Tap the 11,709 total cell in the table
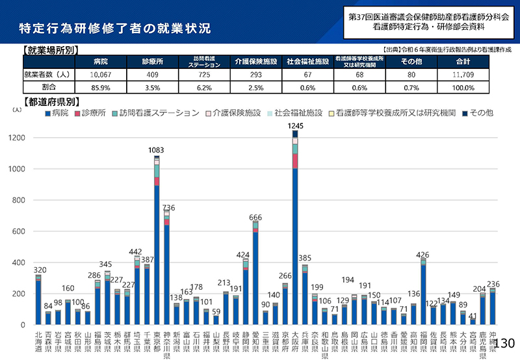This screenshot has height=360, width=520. (x=463, y=74)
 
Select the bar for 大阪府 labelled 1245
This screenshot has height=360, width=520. (x=295, y=227)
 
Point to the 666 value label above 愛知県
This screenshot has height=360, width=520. (x=255, y=217)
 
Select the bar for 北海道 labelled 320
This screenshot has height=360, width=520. (x=38, y=300)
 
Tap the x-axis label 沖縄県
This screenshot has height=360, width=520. (x=493, y=343)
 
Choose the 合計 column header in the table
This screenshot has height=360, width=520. (x=463, y=62)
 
